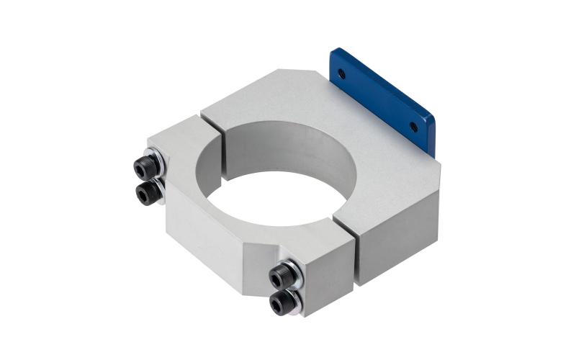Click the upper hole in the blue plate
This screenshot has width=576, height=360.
pyautogui.click(x=341, y=73)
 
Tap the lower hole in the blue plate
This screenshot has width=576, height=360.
pyautogui.click(x=413, y=126)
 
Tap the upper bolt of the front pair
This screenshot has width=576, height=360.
pyautogui.click(x=282, y=276)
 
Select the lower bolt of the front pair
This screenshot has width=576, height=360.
pyautogui.click(x=282, y=302)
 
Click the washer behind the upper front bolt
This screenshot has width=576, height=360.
pyautogui.click(x=294, y=268)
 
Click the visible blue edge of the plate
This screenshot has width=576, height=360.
pyautogui.click(x=432, y=133)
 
